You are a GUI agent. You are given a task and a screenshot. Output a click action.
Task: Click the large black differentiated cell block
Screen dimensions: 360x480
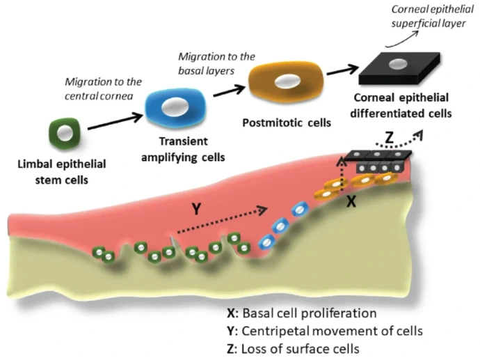tap(394, 66)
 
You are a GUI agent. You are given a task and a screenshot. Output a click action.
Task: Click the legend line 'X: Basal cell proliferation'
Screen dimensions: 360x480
tap(301, 313)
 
